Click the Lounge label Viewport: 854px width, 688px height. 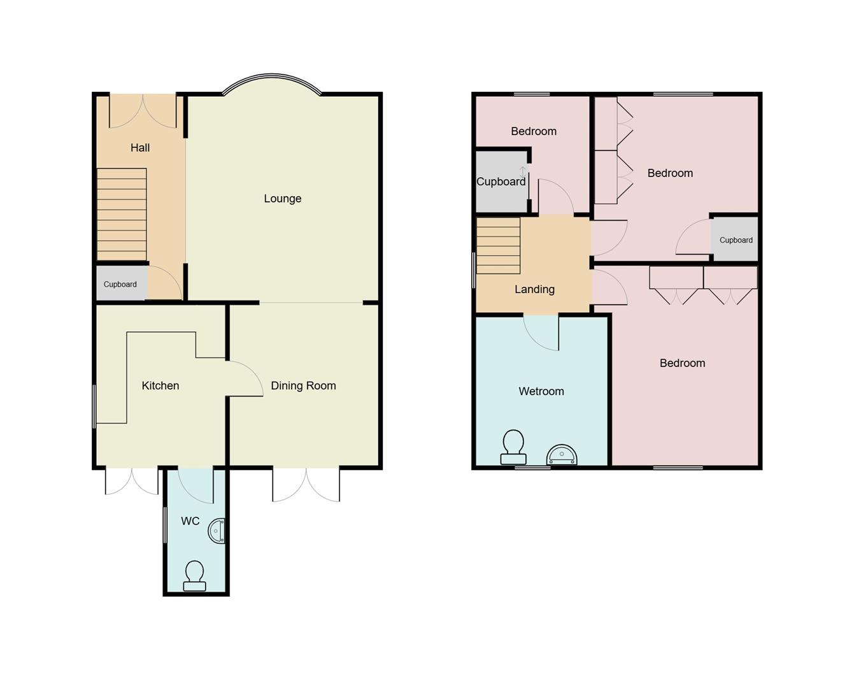coord(282,199)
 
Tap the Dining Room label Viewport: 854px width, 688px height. coord(303,385)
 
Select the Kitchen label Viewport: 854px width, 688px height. coord(160,385)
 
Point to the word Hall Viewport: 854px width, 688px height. coord(140,148)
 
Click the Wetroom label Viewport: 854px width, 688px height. coord(541,391)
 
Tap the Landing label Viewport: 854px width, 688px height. coord(534,289)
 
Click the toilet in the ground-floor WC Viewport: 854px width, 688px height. coord(194,576)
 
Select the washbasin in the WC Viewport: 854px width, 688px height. coord(217,531)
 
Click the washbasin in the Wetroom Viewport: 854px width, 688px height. coord(562,455)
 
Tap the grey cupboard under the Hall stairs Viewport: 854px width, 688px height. coord(121,283)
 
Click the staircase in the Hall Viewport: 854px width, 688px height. coord(122,213)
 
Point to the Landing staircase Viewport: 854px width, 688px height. coord(499,246)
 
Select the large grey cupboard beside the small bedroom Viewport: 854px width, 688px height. coord(501,182)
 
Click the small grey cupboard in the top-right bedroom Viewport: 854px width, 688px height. coord(735,240)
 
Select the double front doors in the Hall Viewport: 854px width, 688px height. coord(143,111)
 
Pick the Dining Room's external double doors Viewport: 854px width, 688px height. coord(306,485)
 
